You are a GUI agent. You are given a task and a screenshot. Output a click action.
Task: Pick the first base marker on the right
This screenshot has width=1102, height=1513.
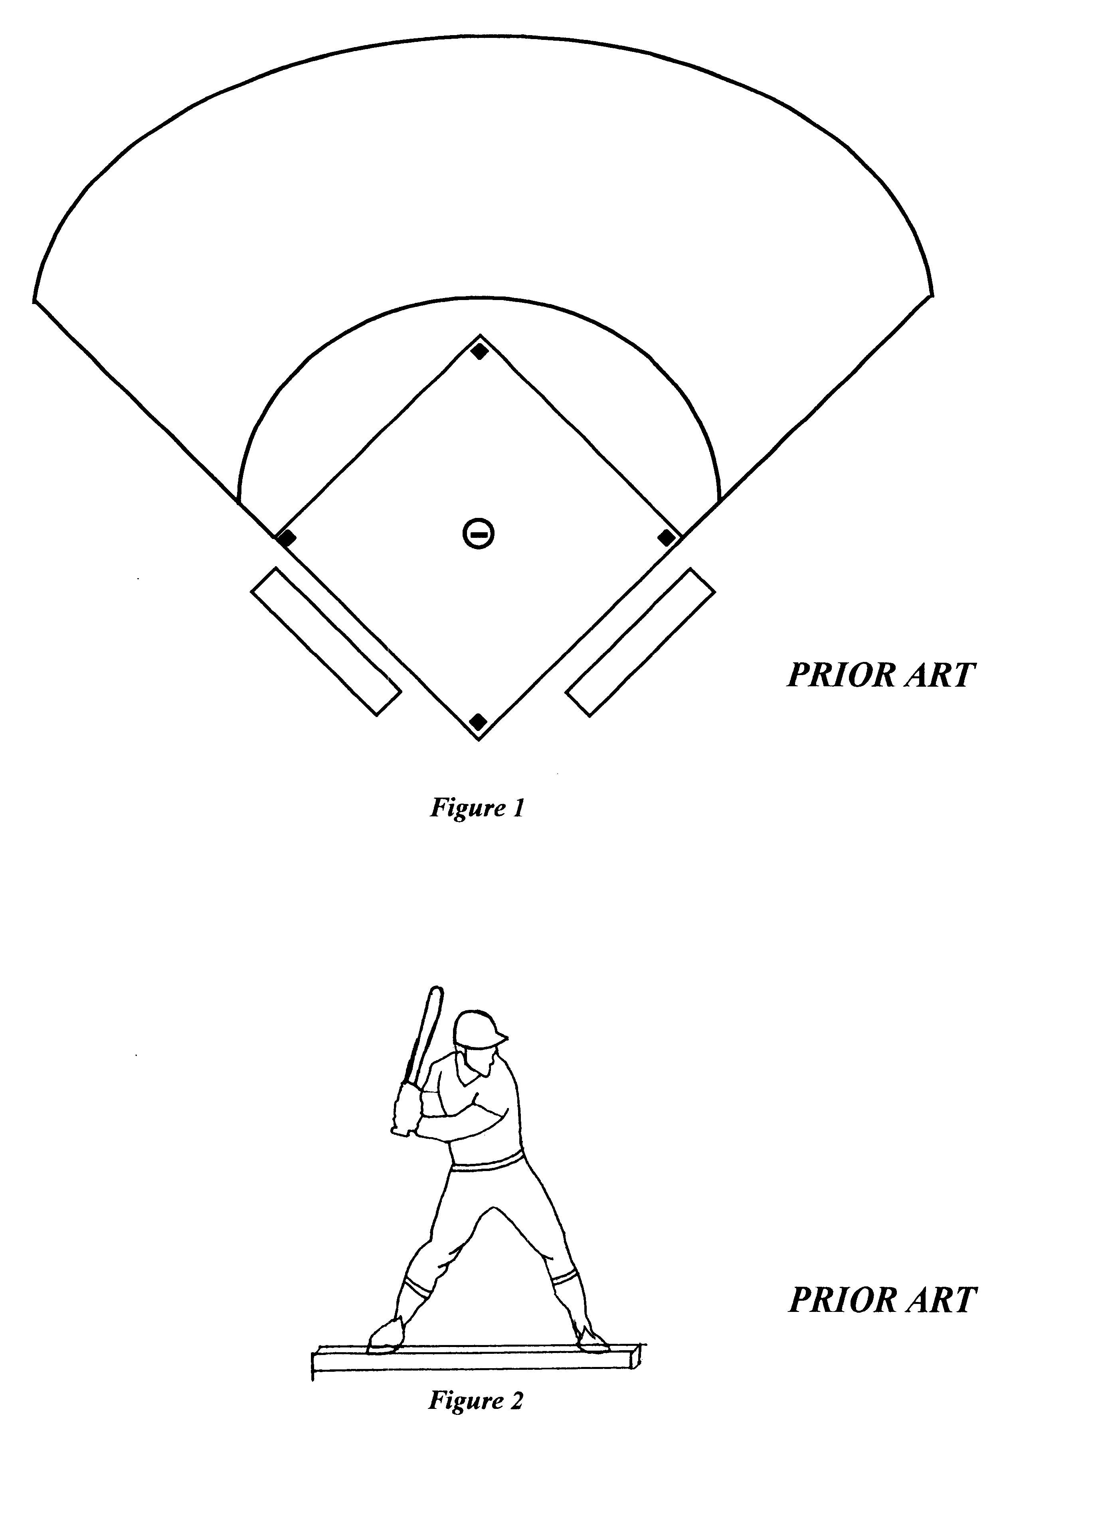[x=666, y=538]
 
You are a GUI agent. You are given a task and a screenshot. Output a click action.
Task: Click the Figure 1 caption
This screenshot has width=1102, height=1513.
[x=477, y=808]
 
